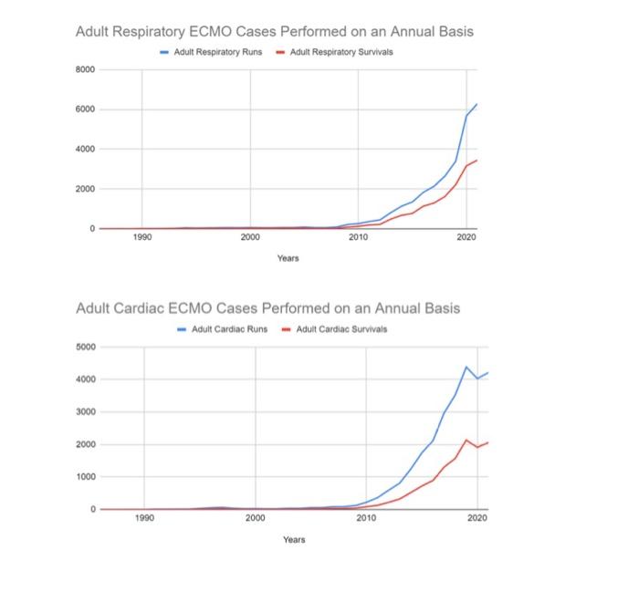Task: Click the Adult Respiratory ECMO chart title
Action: [x=274, y=31]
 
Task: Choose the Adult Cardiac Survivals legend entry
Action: [x=340, y=328]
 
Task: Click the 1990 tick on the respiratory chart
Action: [x=141, y=237]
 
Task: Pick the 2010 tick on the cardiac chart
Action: [x=366, y=518]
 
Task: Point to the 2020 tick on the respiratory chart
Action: [x=466, y=237]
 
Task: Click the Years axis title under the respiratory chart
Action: [x=288, y=259]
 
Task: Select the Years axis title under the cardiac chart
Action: [x=293, y=540]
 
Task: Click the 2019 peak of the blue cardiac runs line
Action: [x=466, y=367]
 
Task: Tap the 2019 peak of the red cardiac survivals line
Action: [x=466, y=440]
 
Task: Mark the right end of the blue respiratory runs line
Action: [x=477, y=105]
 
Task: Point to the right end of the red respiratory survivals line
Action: [x=477, y=161]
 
